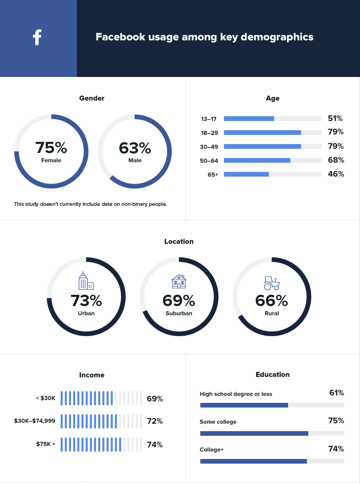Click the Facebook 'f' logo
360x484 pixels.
(38, 37)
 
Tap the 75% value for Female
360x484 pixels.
(51, 148)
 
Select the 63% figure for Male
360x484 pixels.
(135, 148)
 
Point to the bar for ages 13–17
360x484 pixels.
(249, 119)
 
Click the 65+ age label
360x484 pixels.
(213, 174)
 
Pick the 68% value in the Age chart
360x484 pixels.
(335, 160)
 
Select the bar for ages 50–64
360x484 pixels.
(257, 160)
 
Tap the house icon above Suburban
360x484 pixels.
(179, 281)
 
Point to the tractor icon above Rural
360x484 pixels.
(271, 282)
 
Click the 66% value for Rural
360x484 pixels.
(271, 301)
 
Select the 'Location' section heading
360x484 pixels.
(179, 242)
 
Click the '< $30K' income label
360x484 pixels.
(45, 398)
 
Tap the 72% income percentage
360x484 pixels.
(154, 421)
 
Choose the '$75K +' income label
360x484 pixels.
(46, 444)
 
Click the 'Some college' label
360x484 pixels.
(218, 422)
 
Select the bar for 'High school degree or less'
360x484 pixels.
(244, 405)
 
